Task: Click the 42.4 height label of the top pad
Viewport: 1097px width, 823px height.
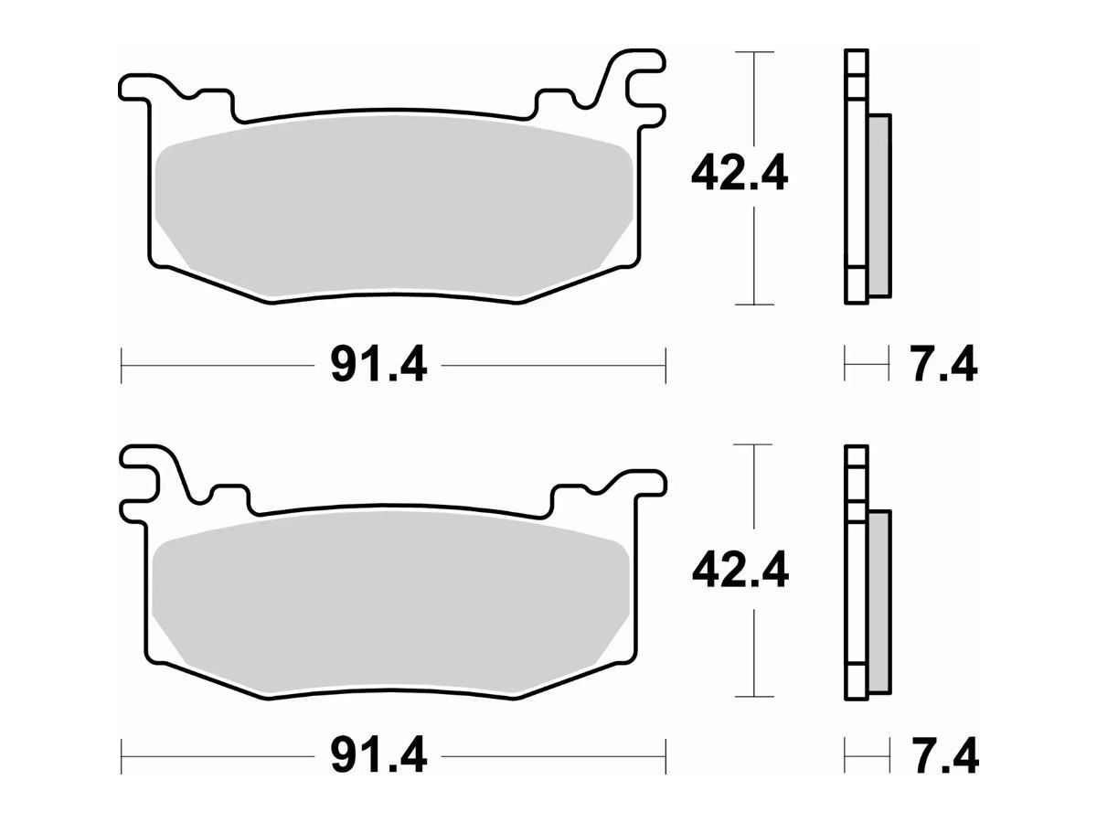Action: point(740,173)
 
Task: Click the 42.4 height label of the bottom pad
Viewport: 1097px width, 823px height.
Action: point(740,570)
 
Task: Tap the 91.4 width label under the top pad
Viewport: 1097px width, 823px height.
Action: point(378,364)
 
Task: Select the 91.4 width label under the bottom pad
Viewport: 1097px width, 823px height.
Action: point(378,756)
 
